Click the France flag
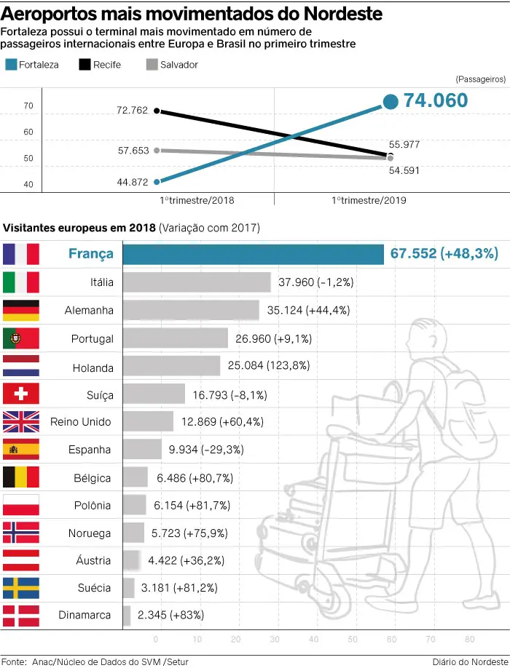point(21,253)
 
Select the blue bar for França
point(253,254)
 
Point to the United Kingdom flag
point(21,422)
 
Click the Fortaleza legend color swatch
point(10,65)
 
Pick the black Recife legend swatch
point(84,65)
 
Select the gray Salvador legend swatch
point(152,65)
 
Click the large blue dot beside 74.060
point(391,102)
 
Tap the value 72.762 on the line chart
point(132,111)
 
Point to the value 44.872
point(132,182)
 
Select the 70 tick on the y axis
point(28,106)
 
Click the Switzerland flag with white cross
point(21,394)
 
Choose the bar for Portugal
point(175,338)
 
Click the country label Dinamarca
point(85,616)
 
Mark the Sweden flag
point(21,588)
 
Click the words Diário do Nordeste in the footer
point(469,661)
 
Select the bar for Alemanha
point(191,310)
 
